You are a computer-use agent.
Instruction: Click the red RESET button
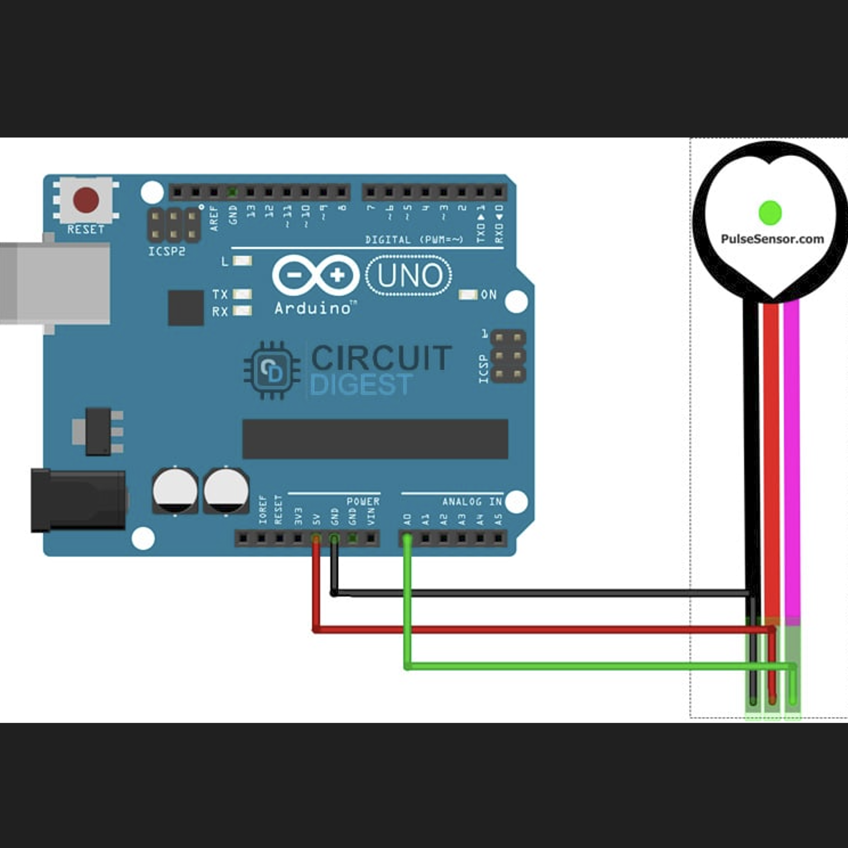click(86, 200)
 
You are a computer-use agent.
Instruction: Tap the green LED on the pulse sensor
click(770, 213)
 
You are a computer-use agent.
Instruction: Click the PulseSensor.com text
click(772, 239)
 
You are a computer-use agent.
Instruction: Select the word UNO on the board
click(409, 276)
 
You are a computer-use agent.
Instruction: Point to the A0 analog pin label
click(407, 519)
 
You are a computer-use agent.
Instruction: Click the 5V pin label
click(316, 519)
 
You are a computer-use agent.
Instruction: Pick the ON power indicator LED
click(468, 294)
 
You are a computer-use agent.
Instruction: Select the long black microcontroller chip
click(375, 439)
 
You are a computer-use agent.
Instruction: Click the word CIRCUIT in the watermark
click(381, 358)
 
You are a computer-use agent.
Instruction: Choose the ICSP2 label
click(166, 251)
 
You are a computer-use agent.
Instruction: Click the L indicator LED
click(242, 261)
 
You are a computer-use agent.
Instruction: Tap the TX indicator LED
click(242, 294)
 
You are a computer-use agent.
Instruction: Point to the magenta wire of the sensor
click(791, 455)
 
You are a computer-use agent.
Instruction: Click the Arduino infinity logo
click(316, 275)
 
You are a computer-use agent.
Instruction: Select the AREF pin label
click(214, 218)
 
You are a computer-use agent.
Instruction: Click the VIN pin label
click(371, 517)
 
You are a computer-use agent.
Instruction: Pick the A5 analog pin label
click(498, 519)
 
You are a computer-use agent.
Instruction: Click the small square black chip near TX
click(186, 308)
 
